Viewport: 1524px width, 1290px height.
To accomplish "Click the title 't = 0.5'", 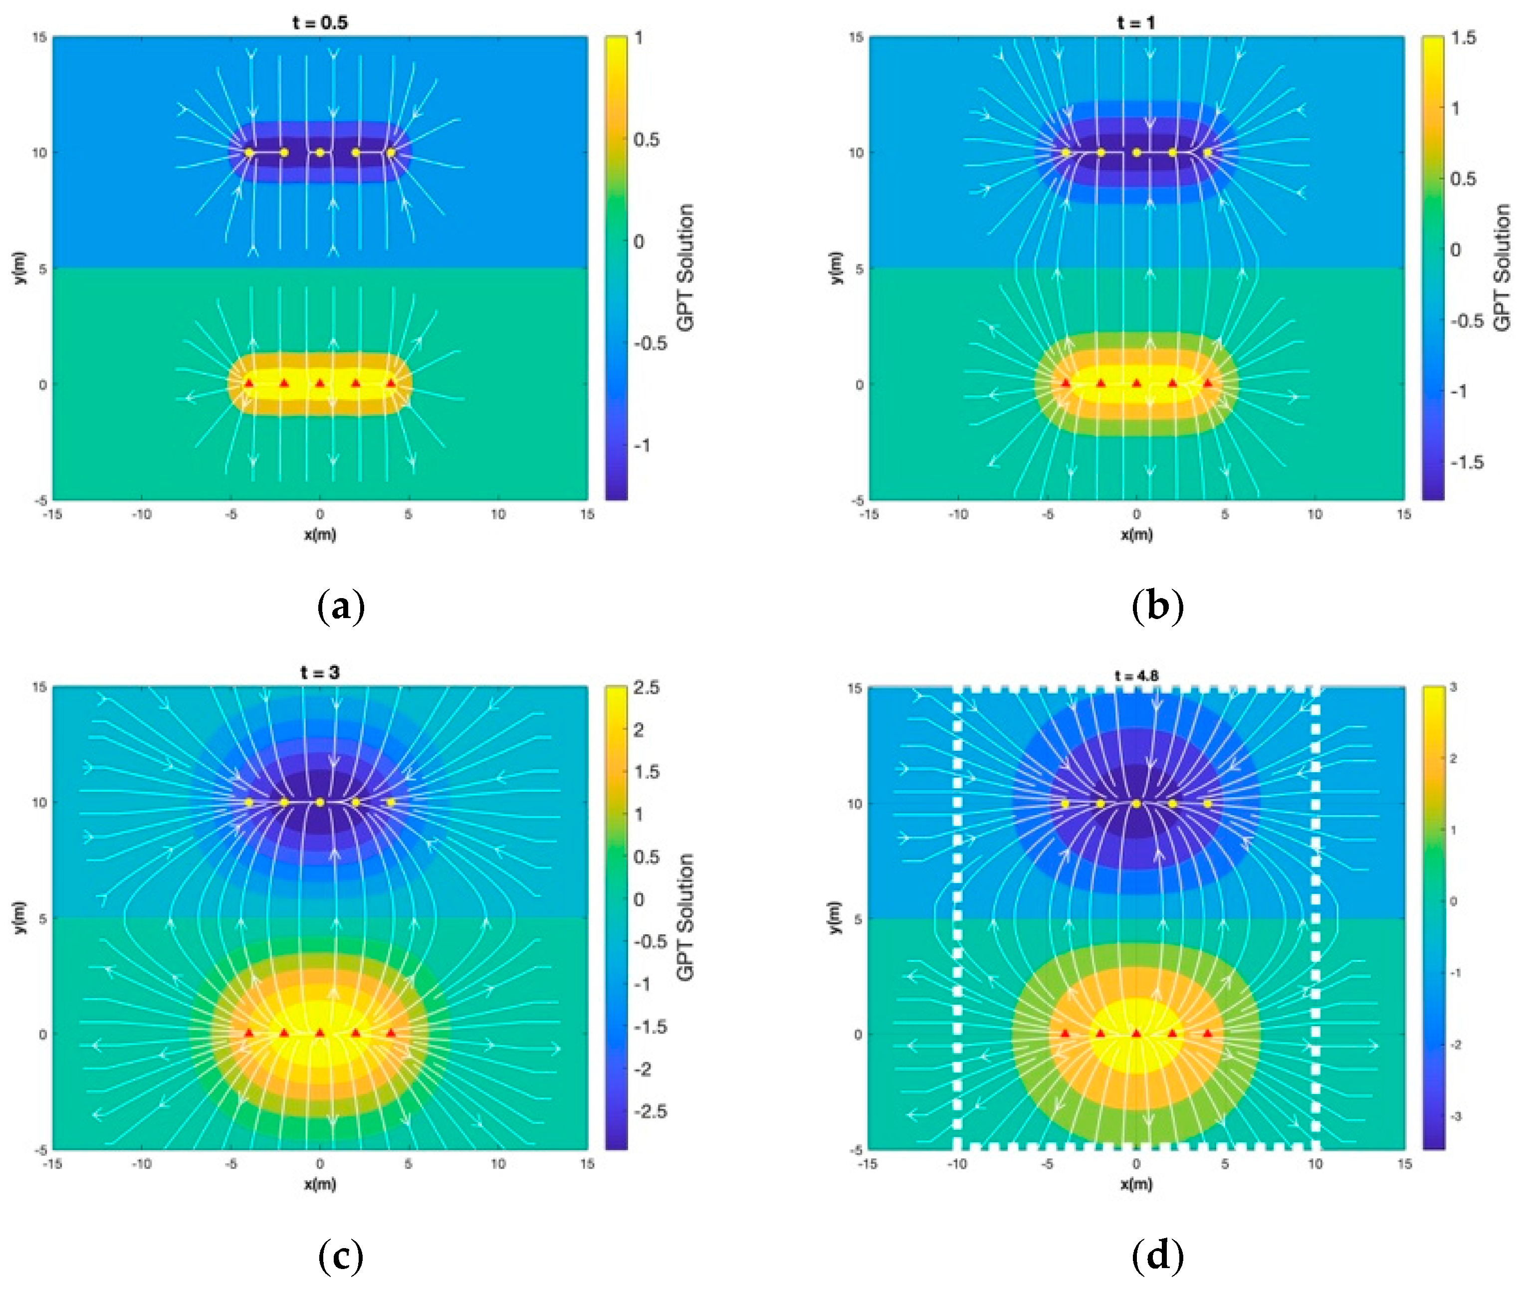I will click(x=320, y=22).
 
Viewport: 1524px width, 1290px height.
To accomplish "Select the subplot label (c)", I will click(x=341, y=1255).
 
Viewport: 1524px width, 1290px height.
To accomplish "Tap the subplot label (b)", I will click(x=1157, y=606).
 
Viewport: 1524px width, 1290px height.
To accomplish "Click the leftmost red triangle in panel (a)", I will click(x=248, y=383).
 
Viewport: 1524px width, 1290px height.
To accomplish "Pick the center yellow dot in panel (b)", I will click(x=1136, y=153).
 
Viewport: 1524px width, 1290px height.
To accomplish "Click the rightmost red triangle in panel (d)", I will click(x=1207, y=1033).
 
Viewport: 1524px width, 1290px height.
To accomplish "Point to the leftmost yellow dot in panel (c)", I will click(x=248, y=802).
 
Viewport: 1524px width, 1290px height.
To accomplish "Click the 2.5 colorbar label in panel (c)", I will click(x=646, y=687).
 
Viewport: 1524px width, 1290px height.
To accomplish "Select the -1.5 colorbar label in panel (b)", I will click(x=1466, y=461).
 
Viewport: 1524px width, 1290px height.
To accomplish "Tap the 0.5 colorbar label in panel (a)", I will click(x=646, y=139).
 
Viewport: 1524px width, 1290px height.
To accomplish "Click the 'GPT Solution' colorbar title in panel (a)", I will click(x=685, y=268).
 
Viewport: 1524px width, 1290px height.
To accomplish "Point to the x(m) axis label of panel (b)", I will click(x=1136, y=535).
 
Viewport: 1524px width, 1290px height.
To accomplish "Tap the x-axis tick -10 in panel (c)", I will click(x=141, y=1163).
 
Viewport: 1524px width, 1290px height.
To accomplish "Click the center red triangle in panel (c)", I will click(x=320, y=1033).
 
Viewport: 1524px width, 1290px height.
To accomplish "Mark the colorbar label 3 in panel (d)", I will click(x=1453, y=687).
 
